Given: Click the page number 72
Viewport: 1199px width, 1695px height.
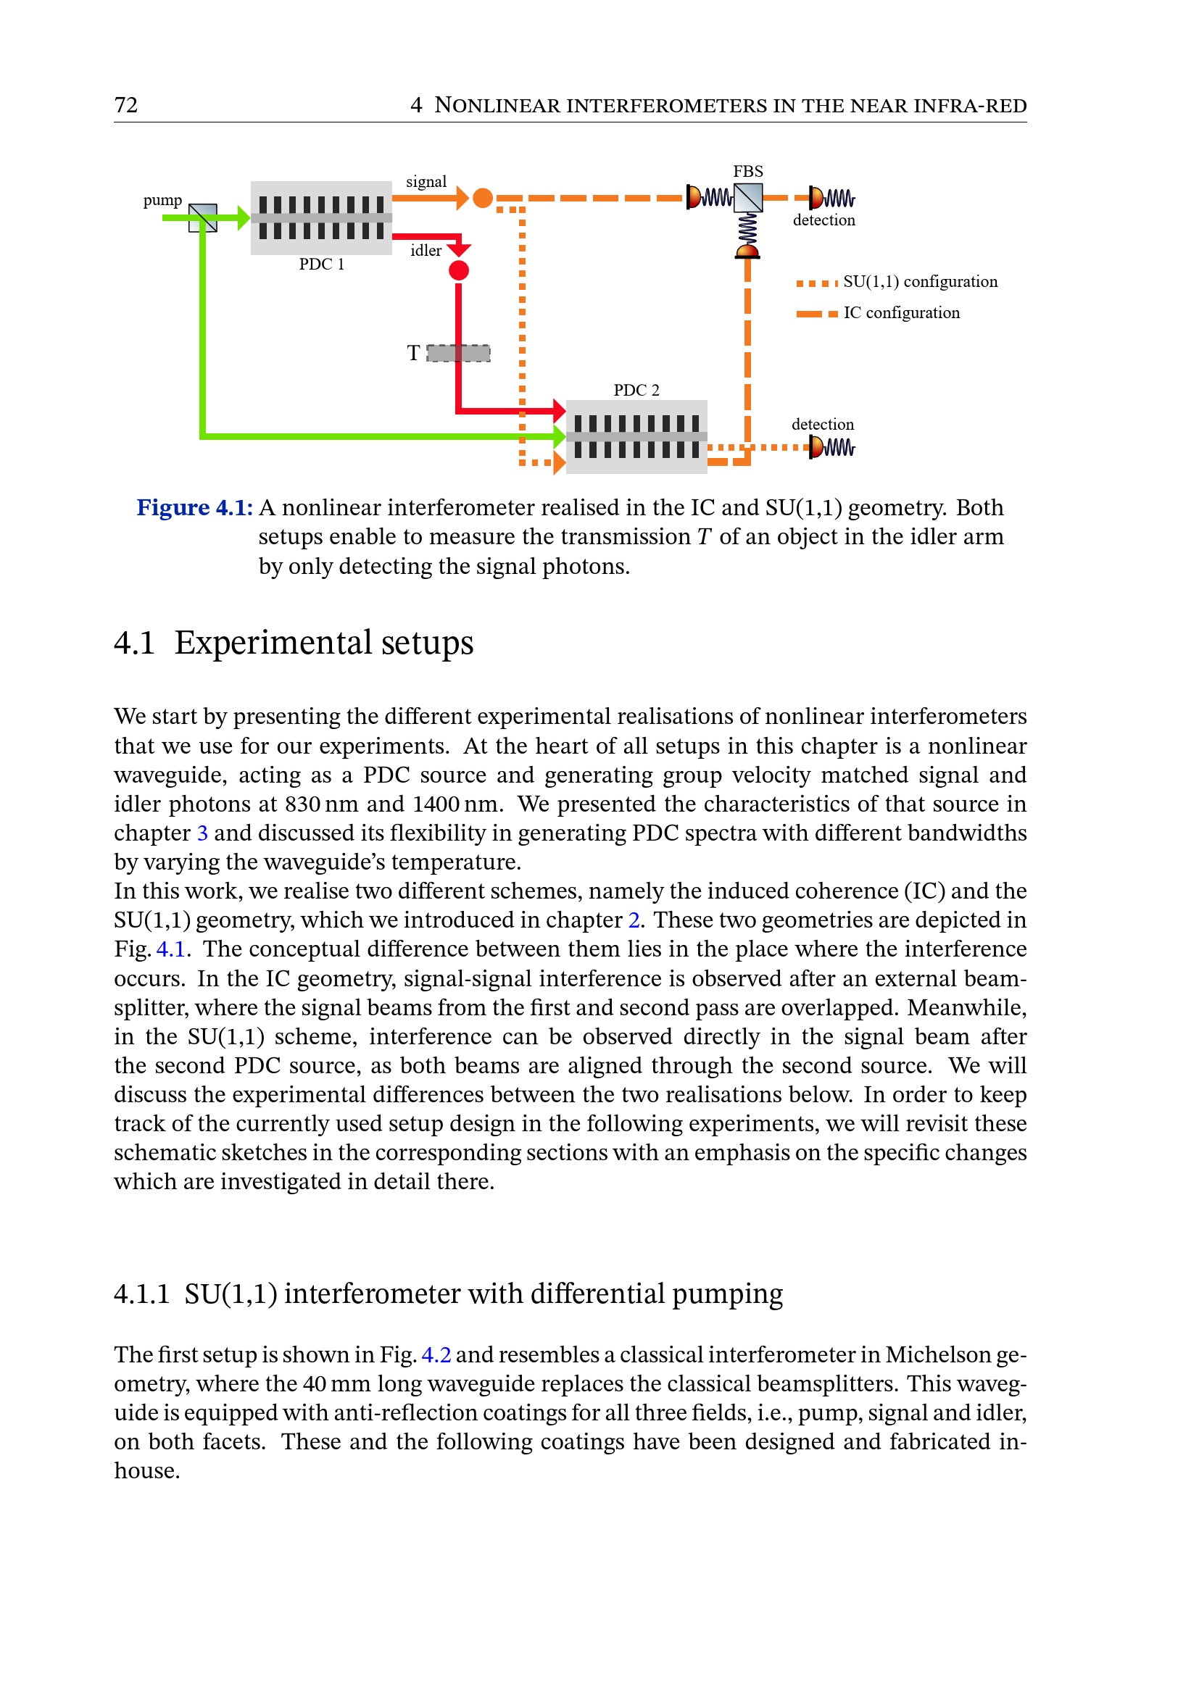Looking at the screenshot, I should [125, 105].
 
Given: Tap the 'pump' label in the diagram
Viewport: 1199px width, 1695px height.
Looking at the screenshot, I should [162, 200].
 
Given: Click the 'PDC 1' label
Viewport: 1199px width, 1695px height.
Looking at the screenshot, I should [321, 265].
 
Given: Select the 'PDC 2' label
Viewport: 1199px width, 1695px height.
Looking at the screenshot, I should [636, 390].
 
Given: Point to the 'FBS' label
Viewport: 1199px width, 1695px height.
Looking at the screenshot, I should [747, 171].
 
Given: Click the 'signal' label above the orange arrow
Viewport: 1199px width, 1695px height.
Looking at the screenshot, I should [426, 182].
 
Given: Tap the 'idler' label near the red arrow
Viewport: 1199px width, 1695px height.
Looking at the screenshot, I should [426, 251].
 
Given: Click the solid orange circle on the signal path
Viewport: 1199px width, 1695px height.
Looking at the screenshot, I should [482, 198].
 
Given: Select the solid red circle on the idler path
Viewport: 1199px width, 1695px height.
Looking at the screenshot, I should [458, 271].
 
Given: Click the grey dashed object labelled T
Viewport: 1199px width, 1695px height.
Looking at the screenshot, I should [458, 354].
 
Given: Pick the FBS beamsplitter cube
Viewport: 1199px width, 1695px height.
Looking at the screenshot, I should [748, 198].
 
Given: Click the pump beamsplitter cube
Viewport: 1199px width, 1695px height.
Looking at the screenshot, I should [203, 218].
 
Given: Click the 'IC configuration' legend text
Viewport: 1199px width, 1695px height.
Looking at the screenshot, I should [902, 313].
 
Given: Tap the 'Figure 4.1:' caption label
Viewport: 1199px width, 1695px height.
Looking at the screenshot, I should [195, 508].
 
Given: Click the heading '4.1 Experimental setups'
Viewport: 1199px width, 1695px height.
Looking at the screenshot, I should [293, 642].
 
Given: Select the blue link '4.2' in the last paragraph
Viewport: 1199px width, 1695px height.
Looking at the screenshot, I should [436, 1354].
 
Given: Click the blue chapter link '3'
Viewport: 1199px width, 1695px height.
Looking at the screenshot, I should [202, 833].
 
